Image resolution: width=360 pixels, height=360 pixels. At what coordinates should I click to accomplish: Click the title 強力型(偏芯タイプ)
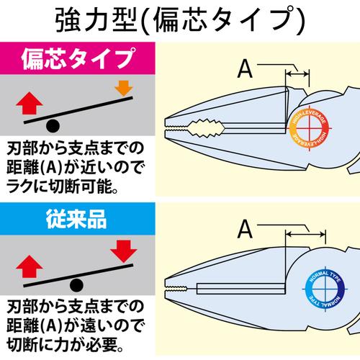click(x=180, y=20)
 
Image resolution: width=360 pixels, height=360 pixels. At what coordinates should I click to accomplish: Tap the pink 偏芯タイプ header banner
click(x=78, y=58)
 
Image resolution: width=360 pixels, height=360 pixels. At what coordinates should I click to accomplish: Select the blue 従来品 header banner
click(x=78, y=219)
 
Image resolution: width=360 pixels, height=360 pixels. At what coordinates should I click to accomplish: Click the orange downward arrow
click(x=124, y=89)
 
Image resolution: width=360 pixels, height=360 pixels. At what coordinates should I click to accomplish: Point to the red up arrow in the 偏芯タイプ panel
click(x=30, y=103)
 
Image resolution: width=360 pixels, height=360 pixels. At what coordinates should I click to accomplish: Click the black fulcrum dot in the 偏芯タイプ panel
click(x=53, y=125)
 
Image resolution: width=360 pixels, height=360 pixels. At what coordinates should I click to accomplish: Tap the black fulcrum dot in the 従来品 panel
click(x=76, y=285)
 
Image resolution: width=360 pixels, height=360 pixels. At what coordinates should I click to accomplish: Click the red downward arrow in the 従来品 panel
click(x=124, y=251)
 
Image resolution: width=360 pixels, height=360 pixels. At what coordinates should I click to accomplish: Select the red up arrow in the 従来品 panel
click(x=30, y=266)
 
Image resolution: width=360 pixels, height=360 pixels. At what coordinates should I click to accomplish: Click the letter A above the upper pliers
click(x=245, y=69)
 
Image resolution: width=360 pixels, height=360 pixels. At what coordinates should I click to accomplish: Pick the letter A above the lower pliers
click(x=245, y=229)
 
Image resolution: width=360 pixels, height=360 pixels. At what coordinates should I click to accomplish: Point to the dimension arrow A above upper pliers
click(x=297, y=74)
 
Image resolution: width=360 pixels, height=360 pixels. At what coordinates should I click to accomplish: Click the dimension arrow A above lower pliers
click(x=306, y=234)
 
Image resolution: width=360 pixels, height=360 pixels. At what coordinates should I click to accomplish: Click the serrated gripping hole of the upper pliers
click(x=207, y=128)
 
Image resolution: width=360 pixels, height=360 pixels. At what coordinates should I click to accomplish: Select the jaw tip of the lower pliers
click(x=166, y=287)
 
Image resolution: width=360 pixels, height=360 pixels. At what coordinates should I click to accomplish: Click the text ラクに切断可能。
click(x=62, y=186)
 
